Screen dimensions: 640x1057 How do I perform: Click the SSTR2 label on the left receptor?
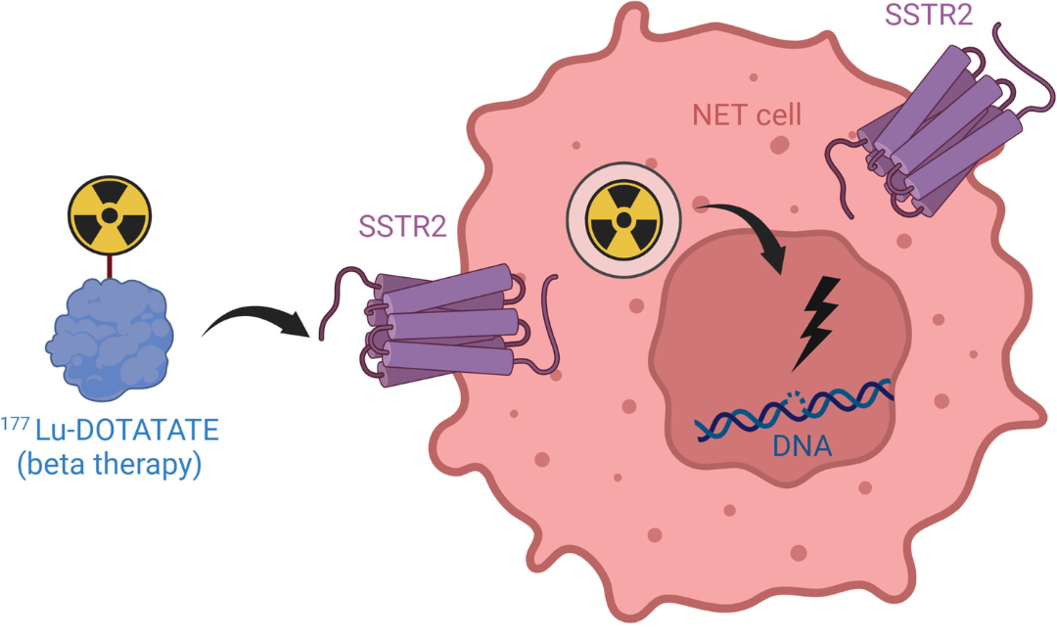pos(403,230)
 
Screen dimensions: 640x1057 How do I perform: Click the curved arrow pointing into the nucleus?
pos(754,230)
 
